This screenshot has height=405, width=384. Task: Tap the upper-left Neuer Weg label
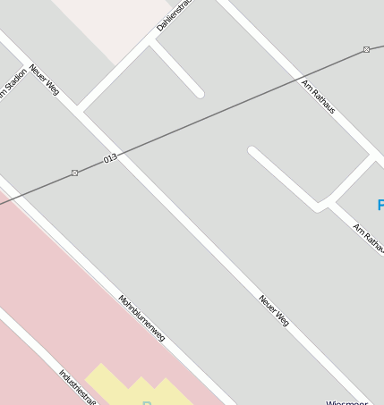(x=44, y=79)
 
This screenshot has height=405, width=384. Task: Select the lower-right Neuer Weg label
(x=274, y=309)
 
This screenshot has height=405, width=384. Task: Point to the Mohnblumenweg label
(x=141, y=317)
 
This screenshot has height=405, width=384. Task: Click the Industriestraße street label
(x=77, y=386)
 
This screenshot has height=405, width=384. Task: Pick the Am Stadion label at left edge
(x=12, y=86)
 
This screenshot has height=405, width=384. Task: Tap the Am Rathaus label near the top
(x=319, y=97)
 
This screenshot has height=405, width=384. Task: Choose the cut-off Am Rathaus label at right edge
(x=368, y=240)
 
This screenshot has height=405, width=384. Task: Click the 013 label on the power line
(x=110, y=158)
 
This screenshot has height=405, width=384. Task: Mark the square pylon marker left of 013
(x=74, y=173)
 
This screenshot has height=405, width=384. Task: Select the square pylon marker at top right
(x=366, y=49)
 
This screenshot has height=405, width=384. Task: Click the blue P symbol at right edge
(x=380, y=207)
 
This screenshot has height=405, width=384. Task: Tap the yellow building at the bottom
(x=134, y=386)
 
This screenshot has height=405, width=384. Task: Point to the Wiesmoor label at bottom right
(x=347, y=402)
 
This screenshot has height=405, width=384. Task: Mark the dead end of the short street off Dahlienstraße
(x=199, y=92)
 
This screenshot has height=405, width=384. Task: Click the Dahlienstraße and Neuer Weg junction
(x=81, y=111)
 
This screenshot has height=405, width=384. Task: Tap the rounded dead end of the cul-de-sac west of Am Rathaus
(x=253, y=152)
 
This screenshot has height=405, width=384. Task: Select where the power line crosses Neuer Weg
(x=124, y=153)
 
